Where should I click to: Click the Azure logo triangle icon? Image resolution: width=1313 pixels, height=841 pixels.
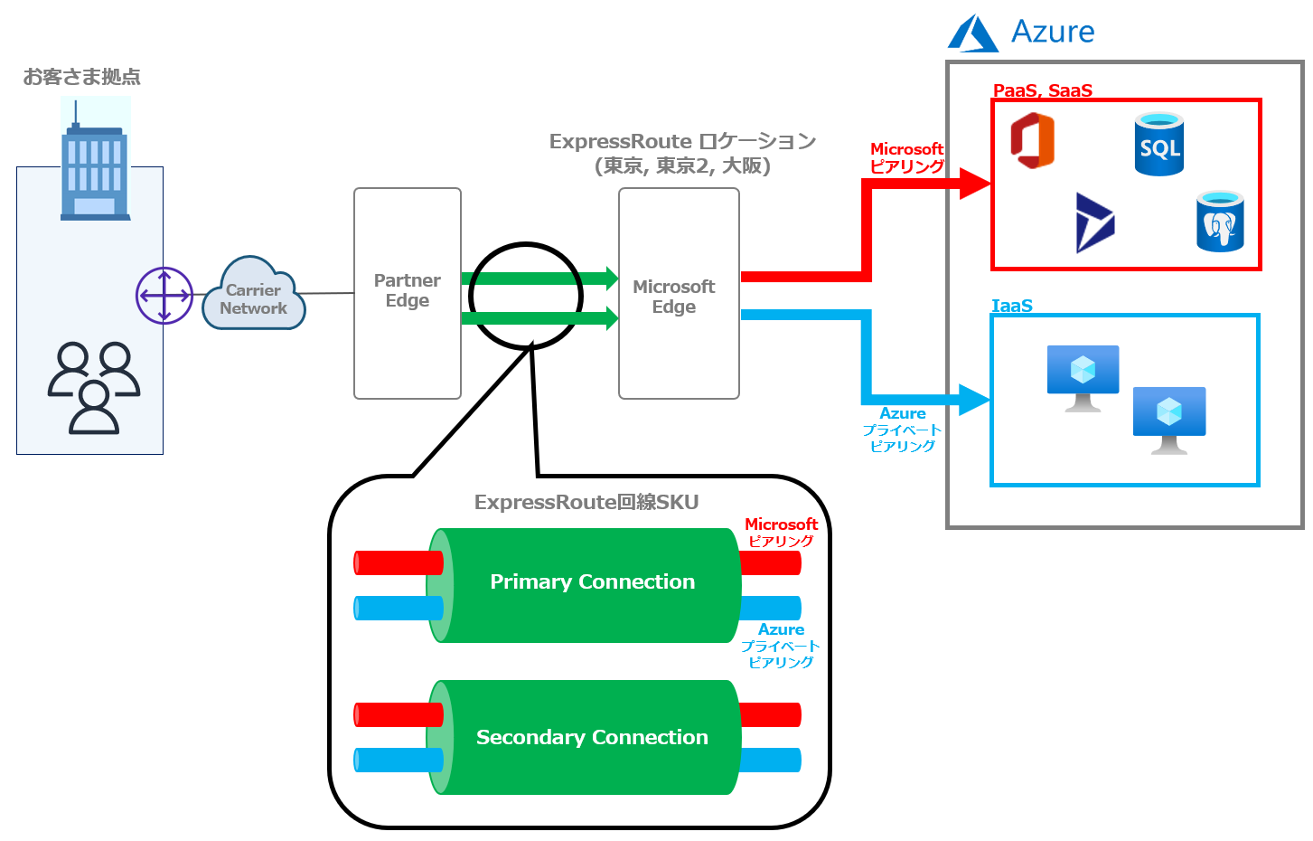pos(972,33)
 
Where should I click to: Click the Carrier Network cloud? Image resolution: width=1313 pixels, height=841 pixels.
pos(253,295)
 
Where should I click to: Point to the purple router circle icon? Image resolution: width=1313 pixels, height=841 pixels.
pos(164,295)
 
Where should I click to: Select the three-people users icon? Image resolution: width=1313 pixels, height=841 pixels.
pos(94,387)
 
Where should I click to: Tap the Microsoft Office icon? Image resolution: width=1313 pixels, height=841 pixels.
pos(1033,140)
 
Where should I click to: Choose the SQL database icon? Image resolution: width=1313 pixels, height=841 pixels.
pos(1159,144)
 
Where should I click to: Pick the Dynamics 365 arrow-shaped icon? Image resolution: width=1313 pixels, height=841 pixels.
pos(1094,222)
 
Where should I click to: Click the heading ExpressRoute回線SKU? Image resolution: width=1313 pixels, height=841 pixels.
pos(586,503)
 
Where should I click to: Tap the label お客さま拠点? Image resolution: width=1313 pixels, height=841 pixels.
pos(82,77)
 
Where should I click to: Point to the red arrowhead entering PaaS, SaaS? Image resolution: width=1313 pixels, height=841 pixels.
pos(975,184)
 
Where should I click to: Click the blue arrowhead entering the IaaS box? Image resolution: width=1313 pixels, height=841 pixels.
pos(974,400)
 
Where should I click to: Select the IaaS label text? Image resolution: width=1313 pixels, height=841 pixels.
pos(1012,306)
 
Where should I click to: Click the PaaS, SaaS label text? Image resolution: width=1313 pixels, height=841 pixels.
pos(1043,90)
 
